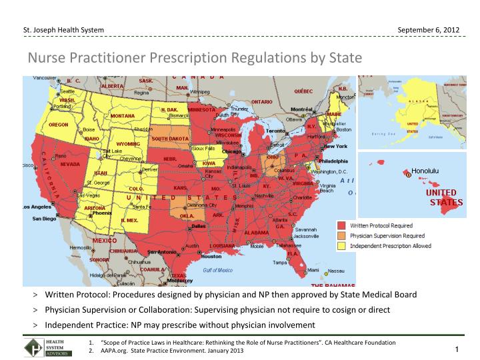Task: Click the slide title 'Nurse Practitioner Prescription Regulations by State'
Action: [194, 58]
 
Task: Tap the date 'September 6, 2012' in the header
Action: [427, 30]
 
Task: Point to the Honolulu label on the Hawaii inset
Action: [425, 171]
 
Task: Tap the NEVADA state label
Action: [70, 163]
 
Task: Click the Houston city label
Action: [211, 256]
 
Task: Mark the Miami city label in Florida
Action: [313, 269]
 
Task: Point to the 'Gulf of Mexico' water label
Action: [218, 270]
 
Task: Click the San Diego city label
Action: [45, 219]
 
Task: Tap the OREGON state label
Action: [59, 125]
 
